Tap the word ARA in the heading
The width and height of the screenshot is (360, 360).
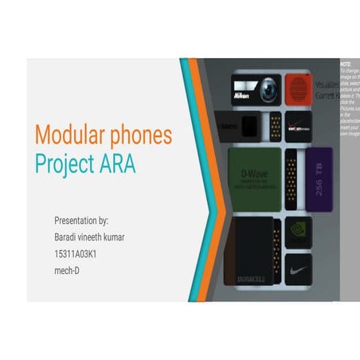(116, 164)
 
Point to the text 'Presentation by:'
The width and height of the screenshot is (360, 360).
(81, 220)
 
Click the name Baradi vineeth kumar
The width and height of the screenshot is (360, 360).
(89, 237)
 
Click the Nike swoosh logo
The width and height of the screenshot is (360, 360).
(299, 271)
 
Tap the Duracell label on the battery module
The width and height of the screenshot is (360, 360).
(252, 278)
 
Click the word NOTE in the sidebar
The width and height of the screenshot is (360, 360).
(345, 63)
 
